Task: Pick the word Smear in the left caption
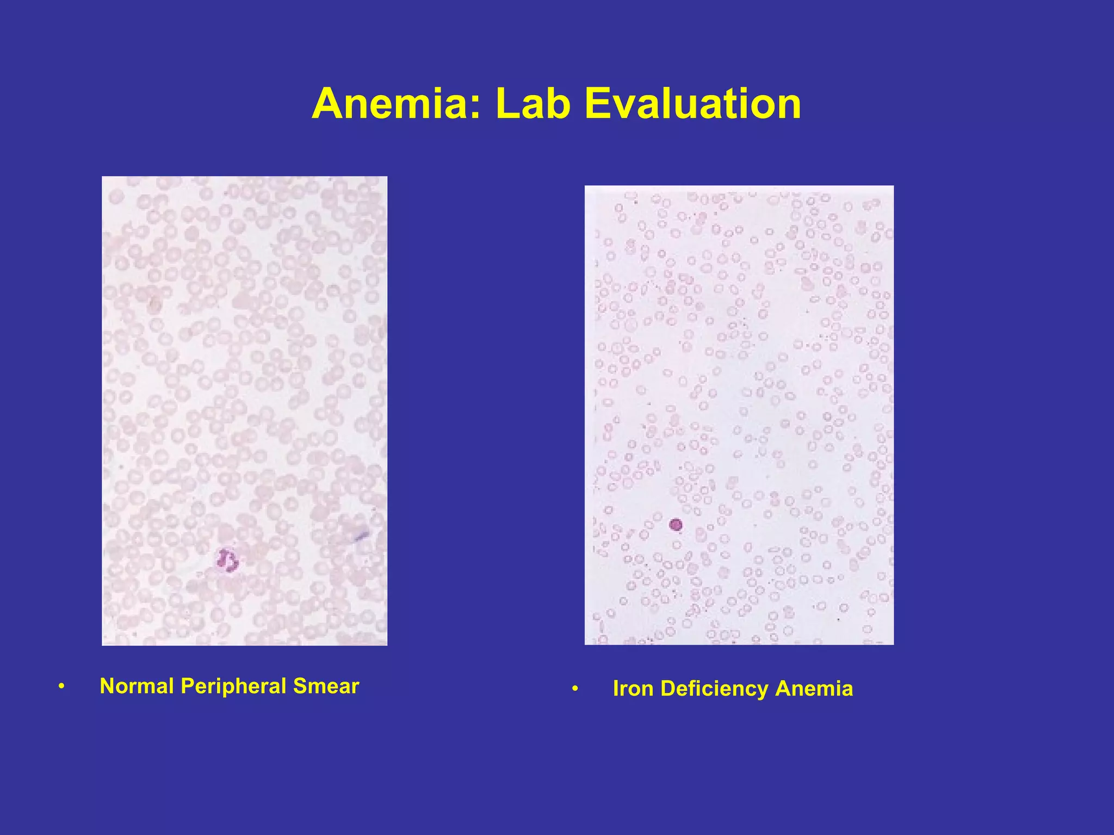(326, 686)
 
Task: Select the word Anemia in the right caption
(814, 689)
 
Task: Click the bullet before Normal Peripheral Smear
(62, 687)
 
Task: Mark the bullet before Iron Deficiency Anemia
(575, 689)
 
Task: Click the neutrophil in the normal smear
(227, 560)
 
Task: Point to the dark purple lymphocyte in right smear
(676, 525)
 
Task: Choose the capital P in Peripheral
(187, 686)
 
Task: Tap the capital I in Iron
(616, 689)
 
